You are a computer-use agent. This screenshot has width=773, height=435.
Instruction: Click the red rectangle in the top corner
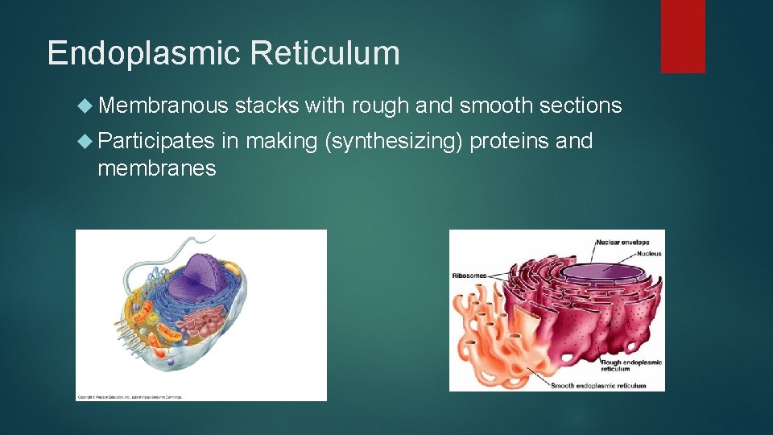[683, 36]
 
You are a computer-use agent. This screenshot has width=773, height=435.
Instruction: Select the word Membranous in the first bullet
[163, 105]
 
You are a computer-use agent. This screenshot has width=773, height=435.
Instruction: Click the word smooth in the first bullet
[489, 105]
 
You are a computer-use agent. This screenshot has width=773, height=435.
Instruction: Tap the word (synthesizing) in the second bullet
[392, 142]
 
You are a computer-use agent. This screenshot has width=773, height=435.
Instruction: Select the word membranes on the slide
[156, 168]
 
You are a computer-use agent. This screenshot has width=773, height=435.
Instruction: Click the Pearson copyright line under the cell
[130, 396]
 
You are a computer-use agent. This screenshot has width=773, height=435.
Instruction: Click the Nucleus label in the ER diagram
[648, 254]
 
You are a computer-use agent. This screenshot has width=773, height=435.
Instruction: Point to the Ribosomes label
[469, 275]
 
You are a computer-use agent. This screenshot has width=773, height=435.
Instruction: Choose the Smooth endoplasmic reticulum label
[598, 385]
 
